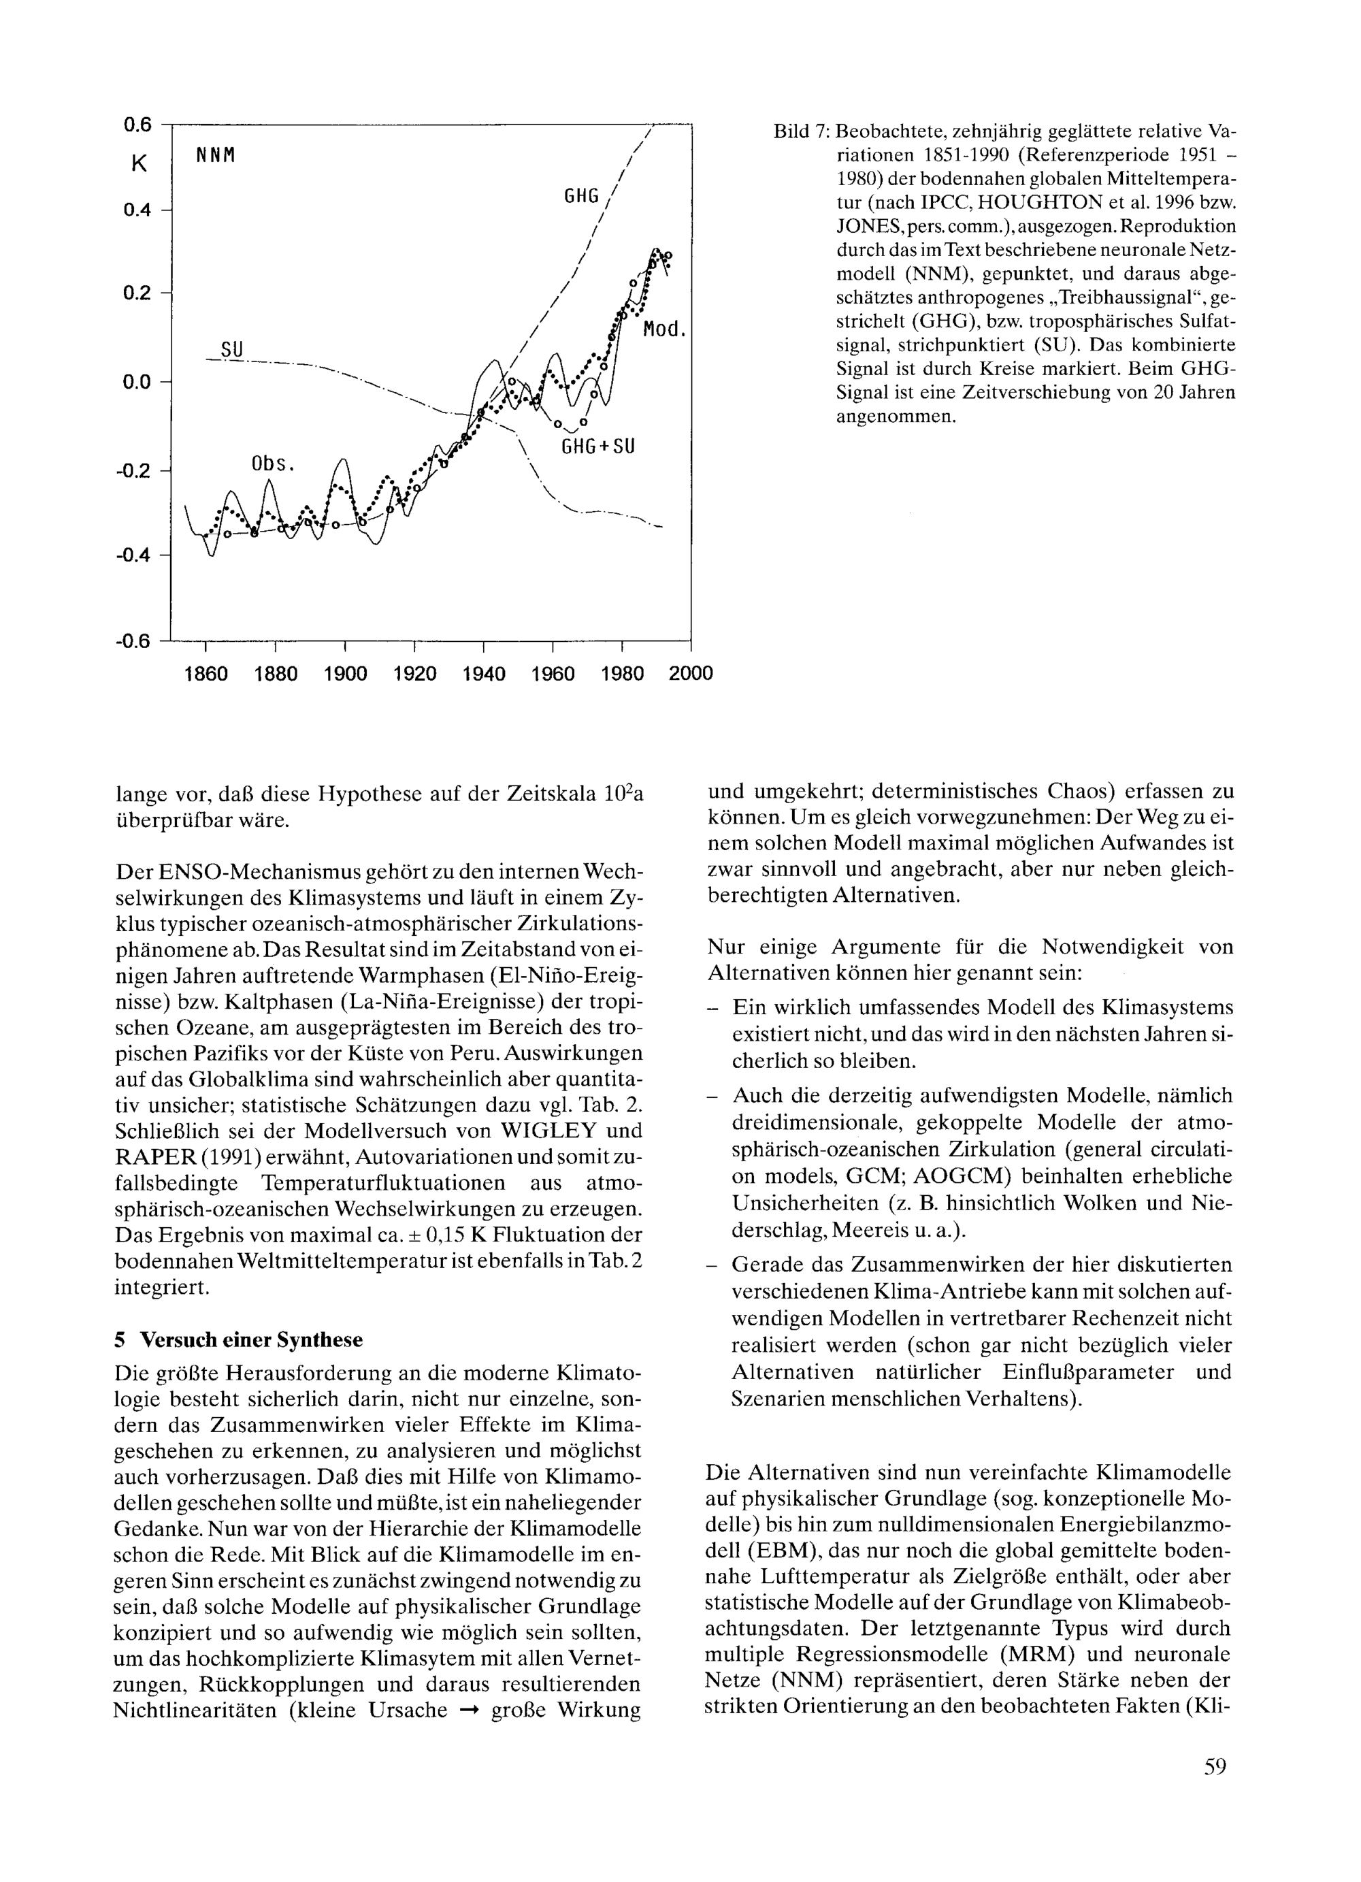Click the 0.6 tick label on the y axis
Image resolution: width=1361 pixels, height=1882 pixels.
pyautogui.click(x=137, y=125)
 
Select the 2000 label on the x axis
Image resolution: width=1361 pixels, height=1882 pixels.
pyautogui.click(x=691, y=674)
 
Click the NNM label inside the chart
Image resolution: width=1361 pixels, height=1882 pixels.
pyautogui.click(x=216, y=155)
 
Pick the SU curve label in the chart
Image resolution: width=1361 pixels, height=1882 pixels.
pyautogui.click(x=232, y=350)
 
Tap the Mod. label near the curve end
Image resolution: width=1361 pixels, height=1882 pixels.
pyautogui.click(x=665, y=329)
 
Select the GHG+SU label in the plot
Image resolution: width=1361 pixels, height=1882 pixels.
pyautogui.click(x=598, y=447)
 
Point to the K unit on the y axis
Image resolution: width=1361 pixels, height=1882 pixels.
pyautogui.click(x=139, y=163)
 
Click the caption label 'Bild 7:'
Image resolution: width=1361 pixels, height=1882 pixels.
pyautogui.click(x=800, y=132)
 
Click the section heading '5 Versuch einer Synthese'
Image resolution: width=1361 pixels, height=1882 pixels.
pyautogui.click(x=238, y=1340)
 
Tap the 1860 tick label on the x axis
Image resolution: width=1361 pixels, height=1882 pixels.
pyautogui.click(x=205, y=674)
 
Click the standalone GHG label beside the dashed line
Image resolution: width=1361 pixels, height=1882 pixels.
pyautogui.click(x=581, y=196)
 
